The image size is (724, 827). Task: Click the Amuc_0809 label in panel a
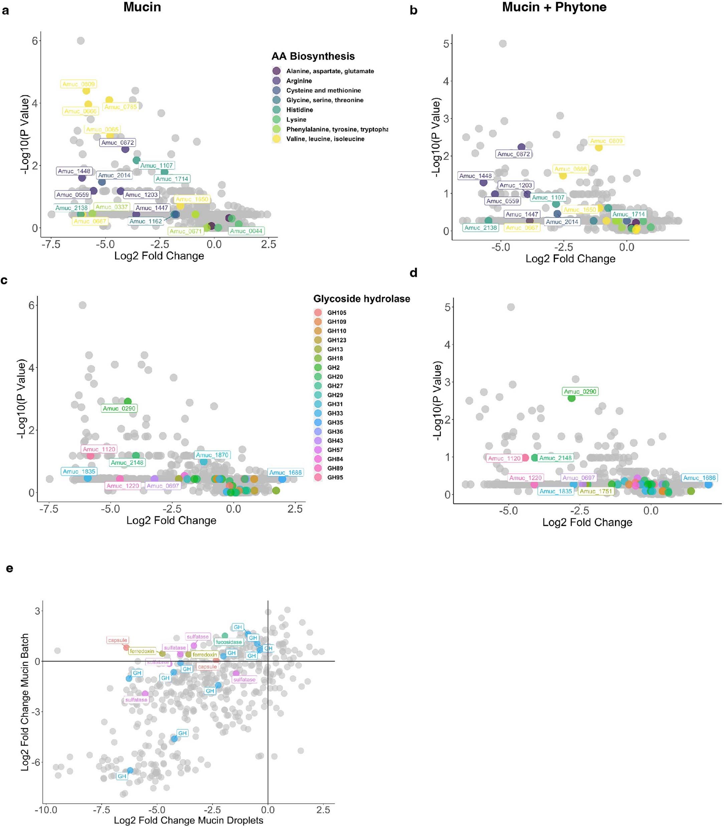point(79,84)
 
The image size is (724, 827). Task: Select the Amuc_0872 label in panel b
point(514,154)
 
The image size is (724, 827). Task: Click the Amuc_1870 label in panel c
point(212,455)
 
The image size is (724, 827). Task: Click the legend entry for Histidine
point(299,110)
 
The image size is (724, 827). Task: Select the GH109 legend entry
point(337,322)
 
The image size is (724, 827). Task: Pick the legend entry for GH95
point(335,477)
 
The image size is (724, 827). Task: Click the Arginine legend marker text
point(299,81)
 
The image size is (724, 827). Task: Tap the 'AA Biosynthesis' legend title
point(313,56)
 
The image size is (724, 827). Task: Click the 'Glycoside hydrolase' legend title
point(362,298)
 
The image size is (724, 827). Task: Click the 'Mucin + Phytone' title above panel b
point(554,7)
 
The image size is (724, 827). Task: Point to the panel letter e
point(9,569)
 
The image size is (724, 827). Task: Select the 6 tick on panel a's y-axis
point(35,41)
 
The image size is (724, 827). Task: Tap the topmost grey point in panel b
point(503,44)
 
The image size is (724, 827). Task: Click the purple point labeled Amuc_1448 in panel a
point(82,178)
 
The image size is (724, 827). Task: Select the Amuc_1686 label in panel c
point(285,472)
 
